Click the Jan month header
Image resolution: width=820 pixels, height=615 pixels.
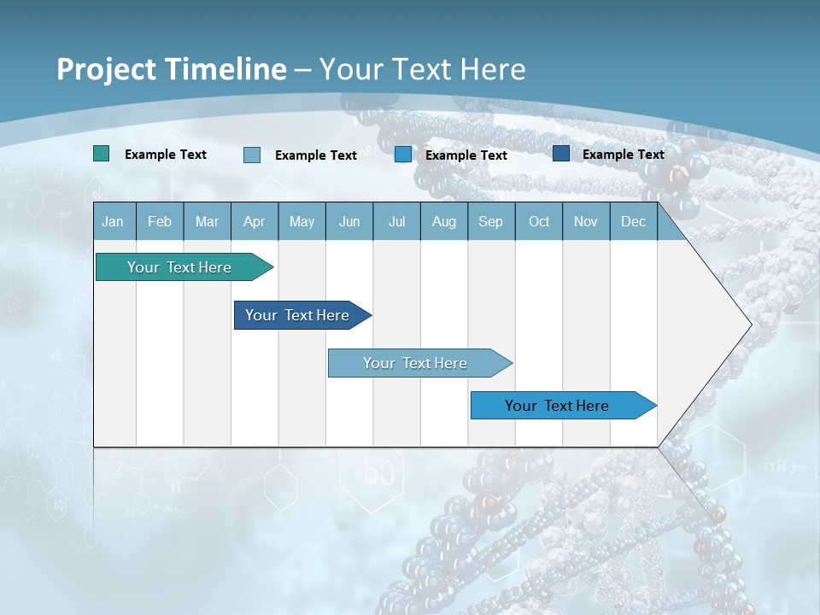113,221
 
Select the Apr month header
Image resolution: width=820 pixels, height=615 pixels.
254,221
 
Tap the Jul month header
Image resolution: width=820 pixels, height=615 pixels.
396,221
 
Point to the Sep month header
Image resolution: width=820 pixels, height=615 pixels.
490,221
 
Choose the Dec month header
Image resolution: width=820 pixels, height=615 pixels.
633,221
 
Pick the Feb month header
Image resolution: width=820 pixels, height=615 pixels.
160,221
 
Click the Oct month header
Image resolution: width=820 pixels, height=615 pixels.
539,221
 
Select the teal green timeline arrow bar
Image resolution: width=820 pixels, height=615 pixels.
179,267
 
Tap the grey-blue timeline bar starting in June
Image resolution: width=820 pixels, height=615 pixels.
415,363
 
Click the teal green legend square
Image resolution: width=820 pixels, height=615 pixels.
101,154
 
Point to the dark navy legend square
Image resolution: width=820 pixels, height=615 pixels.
561,154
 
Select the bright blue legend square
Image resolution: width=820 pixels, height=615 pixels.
403,155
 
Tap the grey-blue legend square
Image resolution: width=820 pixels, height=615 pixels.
252,155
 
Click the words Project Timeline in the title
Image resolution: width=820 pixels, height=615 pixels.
171,69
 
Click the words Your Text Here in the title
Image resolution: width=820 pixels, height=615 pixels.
423,69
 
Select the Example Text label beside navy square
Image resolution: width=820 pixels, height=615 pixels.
623,155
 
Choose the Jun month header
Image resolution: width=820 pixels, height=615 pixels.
349,221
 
